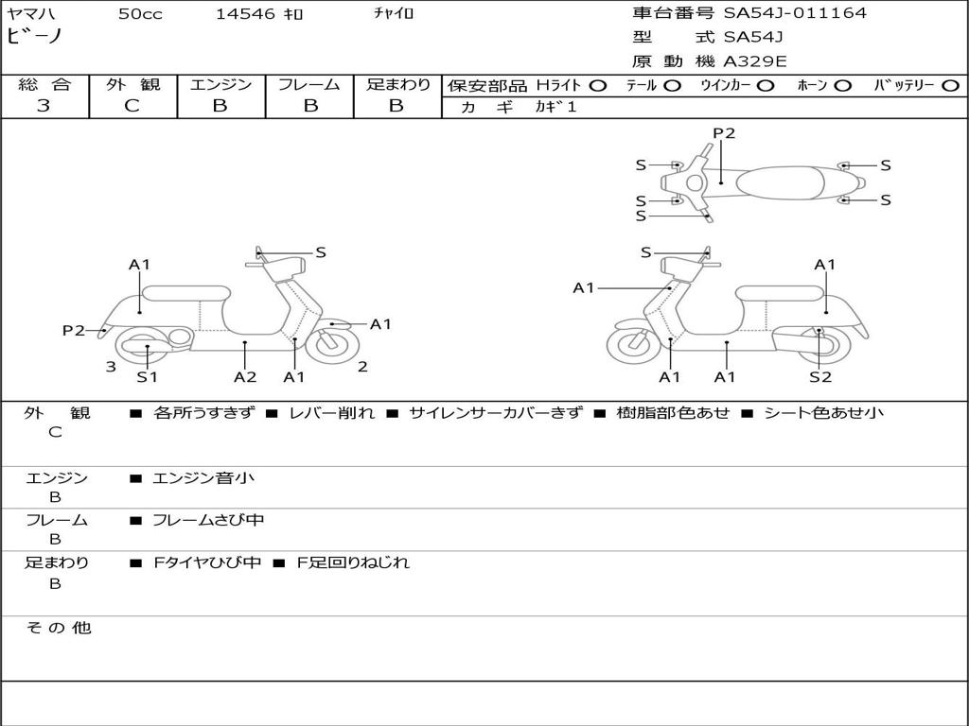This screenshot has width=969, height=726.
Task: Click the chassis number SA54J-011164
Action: click(795, 13)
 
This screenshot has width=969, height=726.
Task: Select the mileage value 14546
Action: click(245, 14)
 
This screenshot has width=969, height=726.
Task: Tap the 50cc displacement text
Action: click(140, 14)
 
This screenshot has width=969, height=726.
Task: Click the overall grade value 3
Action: click(44, 106)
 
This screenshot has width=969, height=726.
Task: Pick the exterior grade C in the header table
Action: click(132, 106)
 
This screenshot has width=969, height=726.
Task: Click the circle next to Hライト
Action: click(598, 86)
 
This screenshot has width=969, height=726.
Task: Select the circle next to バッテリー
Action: click(951, 86)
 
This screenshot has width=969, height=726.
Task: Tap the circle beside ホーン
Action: click(842, 86)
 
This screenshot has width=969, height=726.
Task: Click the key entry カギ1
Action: click(555, 107)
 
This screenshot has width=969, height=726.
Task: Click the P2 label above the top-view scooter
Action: click(724, 133)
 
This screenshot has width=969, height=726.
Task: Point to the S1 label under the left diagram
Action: click(147, 376)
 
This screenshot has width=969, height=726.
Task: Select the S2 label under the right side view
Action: click(820, 376)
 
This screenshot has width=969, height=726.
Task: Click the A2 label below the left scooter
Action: click(245, 376)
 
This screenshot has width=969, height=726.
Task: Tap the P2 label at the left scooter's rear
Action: click(74, 330)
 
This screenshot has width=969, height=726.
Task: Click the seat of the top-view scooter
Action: click(780, 182)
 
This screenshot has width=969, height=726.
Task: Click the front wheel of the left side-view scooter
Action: click(332, 346)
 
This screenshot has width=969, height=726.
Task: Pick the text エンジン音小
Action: click(203, 477)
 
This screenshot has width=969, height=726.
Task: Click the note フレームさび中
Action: click(208, 521)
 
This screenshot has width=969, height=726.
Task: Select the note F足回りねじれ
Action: click(353, 562)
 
